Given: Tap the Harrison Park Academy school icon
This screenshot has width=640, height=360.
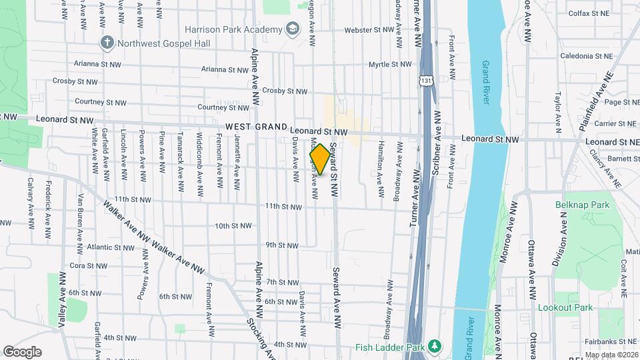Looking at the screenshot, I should (292, 29).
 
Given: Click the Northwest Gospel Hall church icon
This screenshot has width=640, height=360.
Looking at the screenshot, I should (107, 43).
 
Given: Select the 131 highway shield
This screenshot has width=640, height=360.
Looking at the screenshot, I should (425, 80).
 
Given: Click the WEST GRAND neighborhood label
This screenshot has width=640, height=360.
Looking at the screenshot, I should (255, 127).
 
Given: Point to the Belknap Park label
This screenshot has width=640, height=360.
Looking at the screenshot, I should (582, 205).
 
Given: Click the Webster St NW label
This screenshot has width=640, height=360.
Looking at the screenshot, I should (370, 30).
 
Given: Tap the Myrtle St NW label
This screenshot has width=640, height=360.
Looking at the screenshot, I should (392, 65).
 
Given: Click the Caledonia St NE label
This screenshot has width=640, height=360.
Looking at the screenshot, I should (586, 57).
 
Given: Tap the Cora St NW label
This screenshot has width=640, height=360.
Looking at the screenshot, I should (88, 265).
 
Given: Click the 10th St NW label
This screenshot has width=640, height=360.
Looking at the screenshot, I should (233, 226).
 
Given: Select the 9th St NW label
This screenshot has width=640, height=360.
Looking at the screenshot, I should (281, 245).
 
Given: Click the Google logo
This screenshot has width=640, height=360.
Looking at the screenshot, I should (22, 352).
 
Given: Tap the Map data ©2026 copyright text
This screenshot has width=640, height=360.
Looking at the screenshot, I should (611, 355).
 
